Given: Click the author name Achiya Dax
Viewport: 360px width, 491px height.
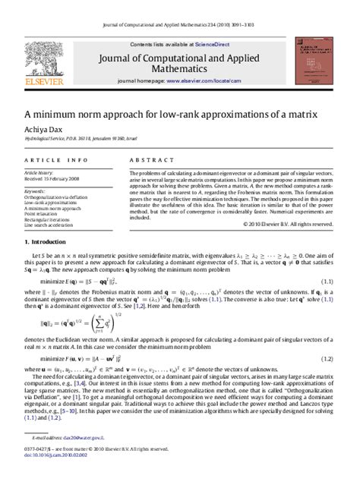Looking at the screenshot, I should [x=44, y=131].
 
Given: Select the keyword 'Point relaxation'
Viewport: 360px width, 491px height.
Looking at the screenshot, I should [x=43, y=214].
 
